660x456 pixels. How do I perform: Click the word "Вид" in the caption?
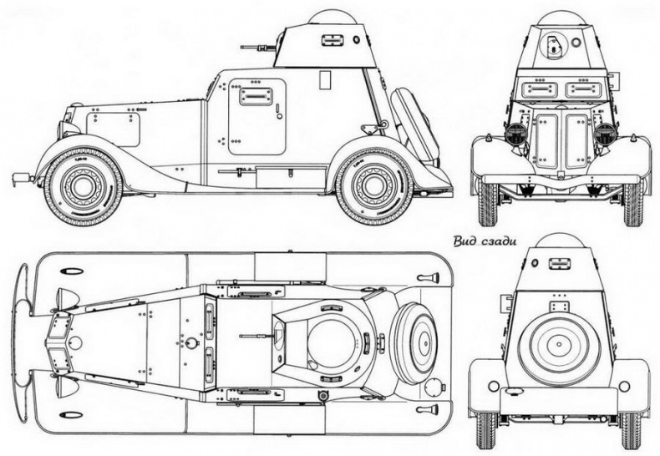pyautogui.click(x=465, y=241)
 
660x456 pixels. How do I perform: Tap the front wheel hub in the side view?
pyautogui.click(x=83, y=185)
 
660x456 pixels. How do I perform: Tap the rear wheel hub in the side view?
pyautogui.click(x=374, y=185)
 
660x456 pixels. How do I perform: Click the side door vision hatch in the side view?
pyautogui.click(x=256, y=96)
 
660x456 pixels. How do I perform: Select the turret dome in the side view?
pyautogui.click(x=333, y=17)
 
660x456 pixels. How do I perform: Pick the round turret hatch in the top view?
pyautogui.click(x=332, y=342)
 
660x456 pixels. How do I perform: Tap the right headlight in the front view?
pyautogui.click(x=606, y=133)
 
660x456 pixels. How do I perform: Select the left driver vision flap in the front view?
pyautogui.click(x=539, y=89)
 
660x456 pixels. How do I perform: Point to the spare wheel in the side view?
pyautogui.click(x=415, y=125)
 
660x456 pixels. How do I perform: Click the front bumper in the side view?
pyautogui.click(x=21, y=178)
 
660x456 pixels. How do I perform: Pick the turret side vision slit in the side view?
pyautogui.click(x=333, y=39)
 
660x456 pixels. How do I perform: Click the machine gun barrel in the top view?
pyautogui.click(x=255, y=336)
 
